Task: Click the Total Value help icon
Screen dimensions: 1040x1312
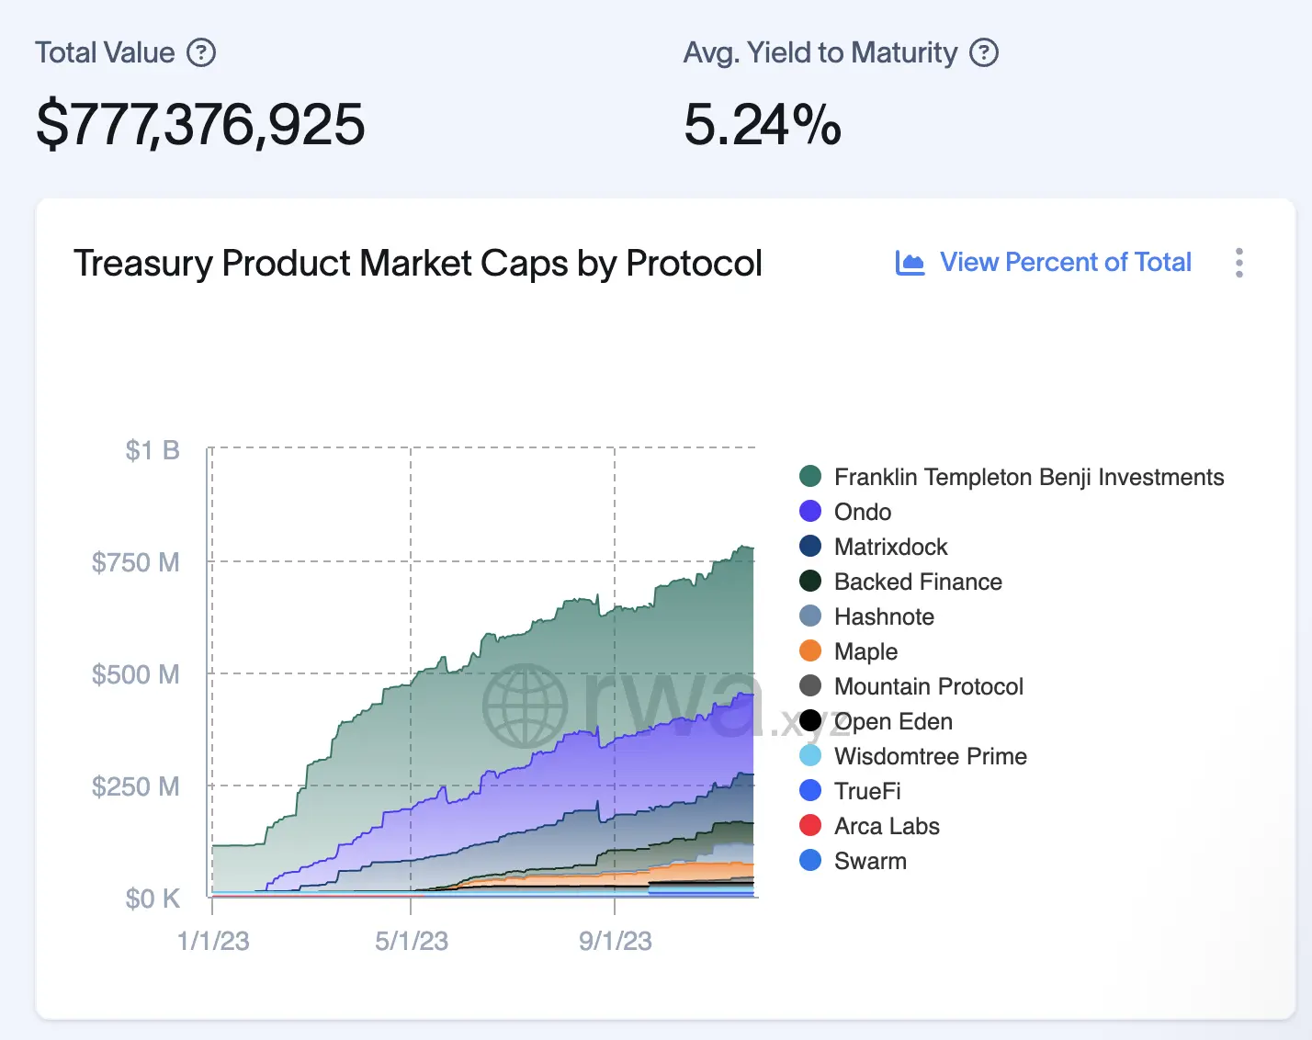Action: pyautogui.click(x=201, y=52)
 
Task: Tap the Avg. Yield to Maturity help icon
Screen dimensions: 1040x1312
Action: pyautogui.click(x=984, y=52)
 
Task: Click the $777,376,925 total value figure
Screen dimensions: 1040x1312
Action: pyautogui.click(x=200, y=125)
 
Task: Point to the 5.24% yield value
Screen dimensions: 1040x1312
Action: pyautogui.click(x=762, y=125)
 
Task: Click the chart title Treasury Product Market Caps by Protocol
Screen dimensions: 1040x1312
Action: pyautogui.click(x=417, y=264)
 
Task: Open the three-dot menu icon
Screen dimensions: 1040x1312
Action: pyautogui.click(x=1239, y=263)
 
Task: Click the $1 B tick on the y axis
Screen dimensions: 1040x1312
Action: pyautogui.click(x=153, y=450)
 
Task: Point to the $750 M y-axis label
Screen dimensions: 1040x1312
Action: pyautogui.click(x=136, y=562)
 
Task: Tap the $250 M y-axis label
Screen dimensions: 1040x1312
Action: pyautogui.click(x=136, y=786)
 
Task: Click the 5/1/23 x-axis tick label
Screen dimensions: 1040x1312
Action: pyautogui.click(x=411, y=941)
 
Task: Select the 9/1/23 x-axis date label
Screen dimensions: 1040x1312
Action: pyautogui.click(x=615, y=941)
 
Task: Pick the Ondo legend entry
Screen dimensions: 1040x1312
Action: pyautogui.click(x=862, y=512)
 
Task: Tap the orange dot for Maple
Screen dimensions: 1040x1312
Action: pyautogui.click(x=810, y=651)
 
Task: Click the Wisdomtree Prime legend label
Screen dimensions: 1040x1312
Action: pyautogui.click(x=930, y=756)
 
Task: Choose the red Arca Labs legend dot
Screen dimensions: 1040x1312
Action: pyautogui.click(x=810, y=826)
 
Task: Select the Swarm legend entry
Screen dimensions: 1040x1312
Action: pyautogui.click(x=869, y=861)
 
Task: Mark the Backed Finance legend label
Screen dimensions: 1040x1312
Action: pyautogui.click(x=917, y=582)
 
